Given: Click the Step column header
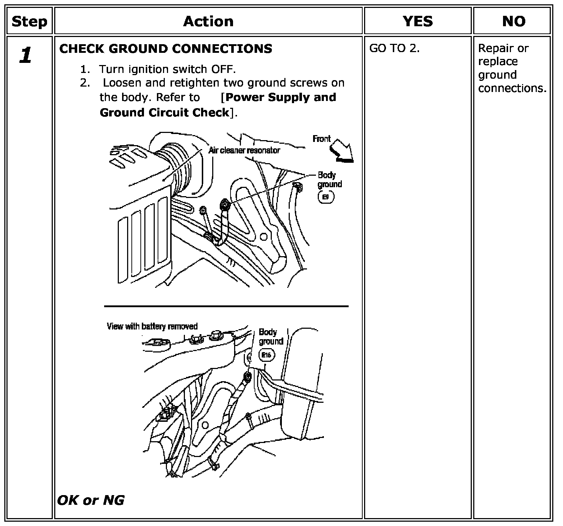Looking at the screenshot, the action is point(29,21).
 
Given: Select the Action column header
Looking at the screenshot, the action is point(208,21).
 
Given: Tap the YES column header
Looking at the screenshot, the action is point(418,21).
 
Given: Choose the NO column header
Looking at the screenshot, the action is point(514,21).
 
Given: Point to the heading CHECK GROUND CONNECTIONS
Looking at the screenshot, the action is point(166,49).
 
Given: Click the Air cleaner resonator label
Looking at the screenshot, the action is point(244,150).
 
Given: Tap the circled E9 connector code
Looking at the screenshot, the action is point(326,197).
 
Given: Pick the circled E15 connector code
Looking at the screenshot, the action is point(266,355).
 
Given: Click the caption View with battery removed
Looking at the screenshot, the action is point(152,326).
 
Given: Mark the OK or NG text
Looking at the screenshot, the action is point(91,500).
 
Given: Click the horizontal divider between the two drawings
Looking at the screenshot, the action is point(226,306).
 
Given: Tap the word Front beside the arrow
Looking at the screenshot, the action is point(321,139).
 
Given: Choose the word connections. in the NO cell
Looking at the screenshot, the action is point(512,88).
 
